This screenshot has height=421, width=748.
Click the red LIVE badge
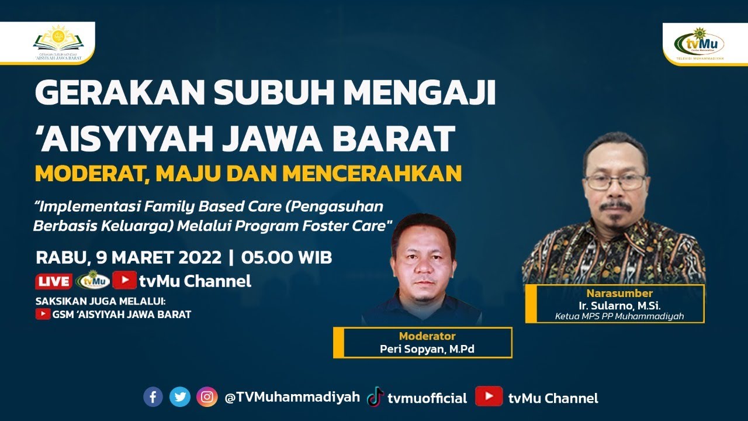(54, 281)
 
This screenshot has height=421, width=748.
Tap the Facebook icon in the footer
(153, 397)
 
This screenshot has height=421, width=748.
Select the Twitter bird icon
(180, 397)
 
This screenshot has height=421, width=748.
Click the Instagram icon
(207, 397)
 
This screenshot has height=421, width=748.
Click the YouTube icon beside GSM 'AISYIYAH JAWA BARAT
(43, 314)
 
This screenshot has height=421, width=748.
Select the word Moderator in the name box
(427, 336)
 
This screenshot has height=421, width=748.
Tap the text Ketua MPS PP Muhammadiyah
(619, 316)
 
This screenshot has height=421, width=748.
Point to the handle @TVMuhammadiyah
(292, 398)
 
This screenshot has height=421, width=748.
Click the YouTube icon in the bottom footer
(489, 397)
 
